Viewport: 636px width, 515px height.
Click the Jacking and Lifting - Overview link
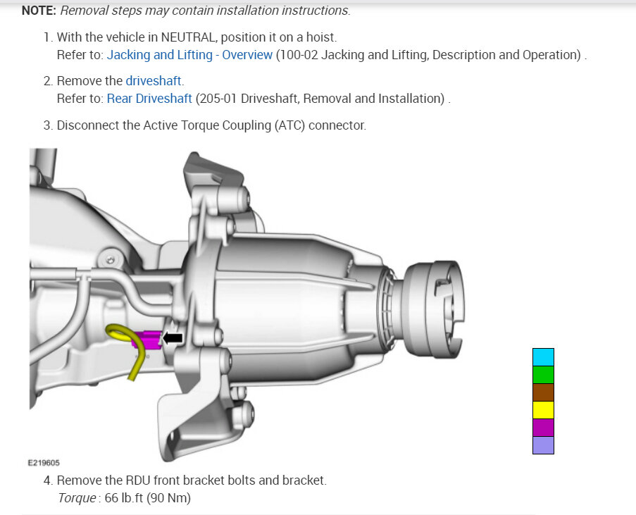(189, 55)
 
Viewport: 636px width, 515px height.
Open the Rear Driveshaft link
(149, 99)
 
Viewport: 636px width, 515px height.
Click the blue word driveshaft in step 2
(154, 81)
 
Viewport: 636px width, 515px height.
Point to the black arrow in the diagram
(173, 337)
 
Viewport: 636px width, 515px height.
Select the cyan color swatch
(543, 357)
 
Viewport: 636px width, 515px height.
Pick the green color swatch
(543, 375)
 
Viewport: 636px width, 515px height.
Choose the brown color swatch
(543, 392)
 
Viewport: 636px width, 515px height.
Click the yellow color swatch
(543, 410)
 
